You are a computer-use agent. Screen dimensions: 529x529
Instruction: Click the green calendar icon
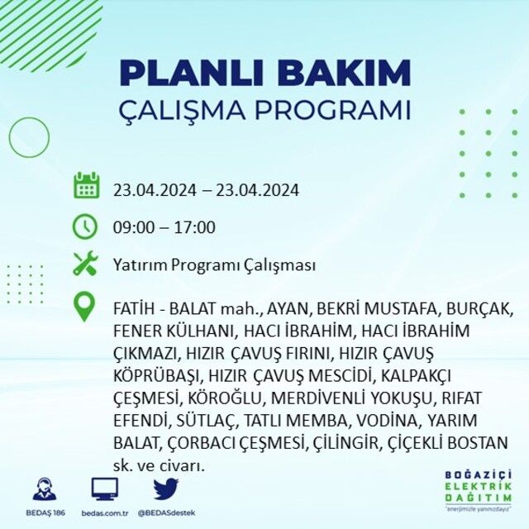coord(86,185)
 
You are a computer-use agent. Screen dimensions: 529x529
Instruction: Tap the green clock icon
coord(85,226)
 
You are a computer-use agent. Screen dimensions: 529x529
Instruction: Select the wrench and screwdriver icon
coord(85,264)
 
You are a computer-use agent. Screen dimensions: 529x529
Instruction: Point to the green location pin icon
coord(84,307)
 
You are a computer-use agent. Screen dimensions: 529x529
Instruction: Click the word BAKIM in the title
coord(344,74)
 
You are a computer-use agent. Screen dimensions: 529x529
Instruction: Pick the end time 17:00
coord(195,227)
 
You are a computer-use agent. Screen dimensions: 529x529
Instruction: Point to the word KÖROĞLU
coord(225,398)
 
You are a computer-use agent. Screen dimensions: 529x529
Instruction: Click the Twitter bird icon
coord(166,488)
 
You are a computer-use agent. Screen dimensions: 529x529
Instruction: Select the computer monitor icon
coord(105,489)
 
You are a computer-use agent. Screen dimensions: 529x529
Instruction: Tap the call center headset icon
coord(45,488)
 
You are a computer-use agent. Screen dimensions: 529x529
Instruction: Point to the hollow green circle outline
coord(9,137)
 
